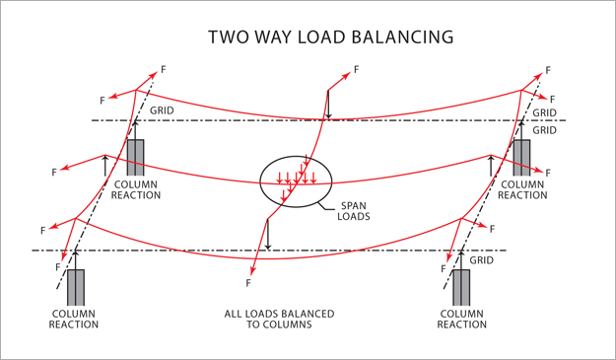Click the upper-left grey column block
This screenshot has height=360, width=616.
(135, 158)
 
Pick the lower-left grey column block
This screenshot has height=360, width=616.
(75, 287)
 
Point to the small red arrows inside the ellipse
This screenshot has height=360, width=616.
(297, 179)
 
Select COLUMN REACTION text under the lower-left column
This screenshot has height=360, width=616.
(75, 319)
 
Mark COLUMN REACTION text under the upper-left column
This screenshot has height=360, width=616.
(135, 189)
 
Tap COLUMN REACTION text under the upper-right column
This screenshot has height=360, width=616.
(522, 189)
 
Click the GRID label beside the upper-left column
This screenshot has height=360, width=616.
(163, 110)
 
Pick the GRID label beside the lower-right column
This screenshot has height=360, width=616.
(482, 261)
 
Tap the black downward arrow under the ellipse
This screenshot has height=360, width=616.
(268, 235)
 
